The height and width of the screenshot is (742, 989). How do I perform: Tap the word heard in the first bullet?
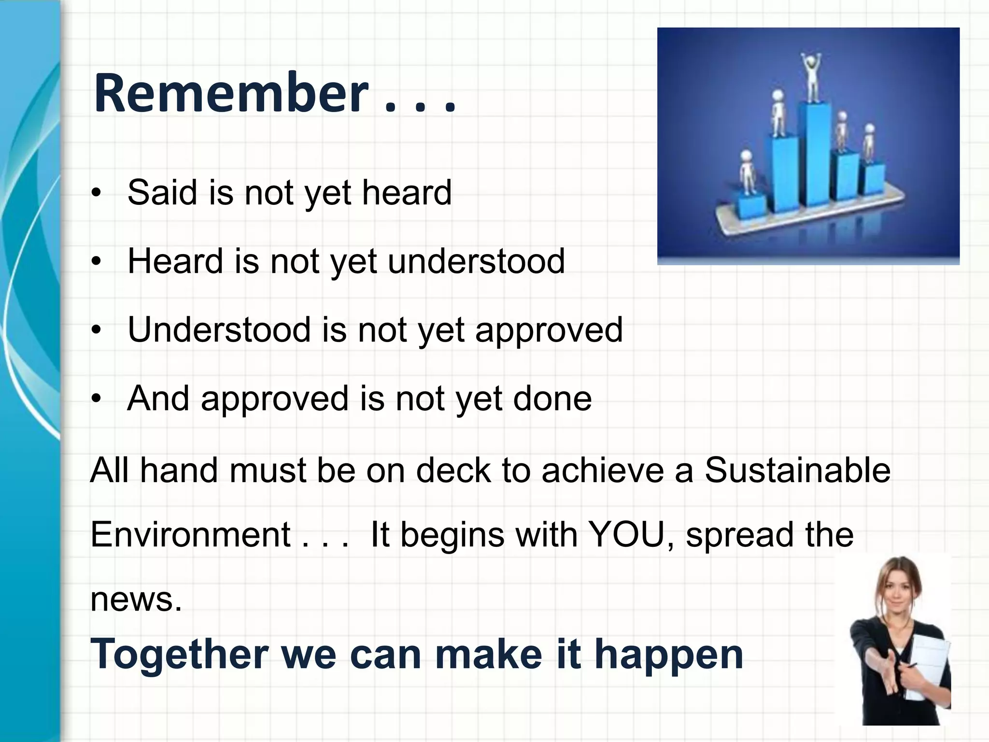[407, 192]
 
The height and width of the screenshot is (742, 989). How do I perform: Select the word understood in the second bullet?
[476, 261]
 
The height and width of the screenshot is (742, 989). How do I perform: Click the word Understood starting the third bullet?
[219, 330]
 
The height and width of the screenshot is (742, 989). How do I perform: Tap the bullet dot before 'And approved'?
[97, 399]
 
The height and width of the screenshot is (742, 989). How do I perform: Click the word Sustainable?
[797, 470]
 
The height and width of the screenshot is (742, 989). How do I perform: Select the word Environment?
[190, 535]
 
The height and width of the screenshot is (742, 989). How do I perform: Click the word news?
[136, 599]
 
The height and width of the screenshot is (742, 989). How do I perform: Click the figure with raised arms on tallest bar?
[812, 77]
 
